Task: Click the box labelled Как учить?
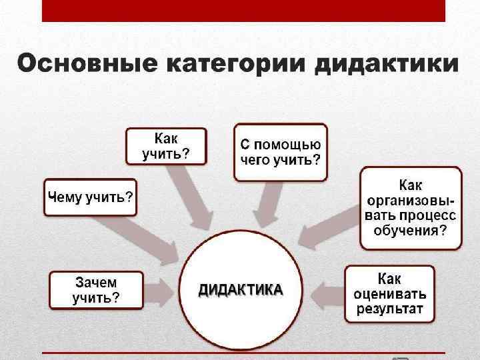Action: pos(166,146)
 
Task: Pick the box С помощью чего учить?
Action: pos(280,153)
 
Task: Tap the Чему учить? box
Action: pos(90,197)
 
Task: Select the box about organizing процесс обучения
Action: pos(411,207)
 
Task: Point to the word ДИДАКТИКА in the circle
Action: pos(240,290)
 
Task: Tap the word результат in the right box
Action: pos(390,309)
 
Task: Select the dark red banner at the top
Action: pos(243,10)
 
